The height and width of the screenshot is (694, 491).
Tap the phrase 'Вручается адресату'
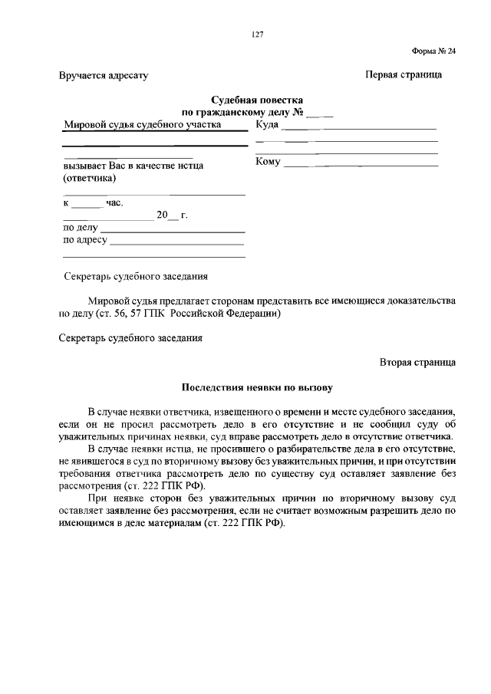(103, 76)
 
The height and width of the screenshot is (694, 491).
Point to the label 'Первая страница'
(403, 75)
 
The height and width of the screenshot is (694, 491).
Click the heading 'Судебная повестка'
(257, 100)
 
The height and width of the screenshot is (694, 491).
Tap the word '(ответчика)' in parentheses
(89, 178)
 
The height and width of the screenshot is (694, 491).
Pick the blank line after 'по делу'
(173, 229)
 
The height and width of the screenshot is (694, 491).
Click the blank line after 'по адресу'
(178, 241)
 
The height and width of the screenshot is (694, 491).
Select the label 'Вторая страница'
(417, 361)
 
